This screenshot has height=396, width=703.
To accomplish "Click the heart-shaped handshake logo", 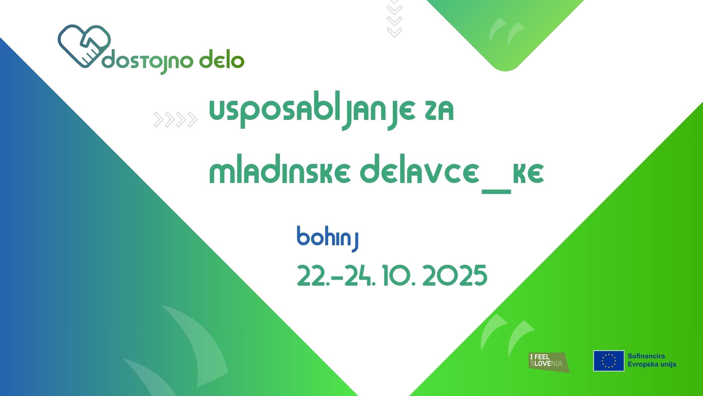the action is tap(84, 46).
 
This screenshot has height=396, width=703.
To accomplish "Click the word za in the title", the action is tap(439, 111).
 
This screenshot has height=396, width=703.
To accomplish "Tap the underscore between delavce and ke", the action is tap(496, 191).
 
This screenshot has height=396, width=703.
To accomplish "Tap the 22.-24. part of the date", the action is tap(336, 276).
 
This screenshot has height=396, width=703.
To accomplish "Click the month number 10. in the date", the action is tap(399, 276).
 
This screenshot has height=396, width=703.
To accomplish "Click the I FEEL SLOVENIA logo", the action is tap(549, 362).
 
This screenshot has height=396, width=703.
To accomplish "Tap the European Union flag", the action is tap(609, 361).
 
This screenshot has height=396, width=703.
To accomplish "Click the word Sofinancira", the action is tap(646, 356).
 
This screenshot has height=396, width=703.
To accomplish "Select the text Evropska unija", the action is tap(652, 364).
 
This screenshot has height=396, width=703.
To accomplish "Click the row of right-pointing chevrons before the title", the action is tap(175, 120).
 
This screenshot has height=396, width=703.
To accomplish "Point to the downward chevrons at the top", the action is tap(394, 18).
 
